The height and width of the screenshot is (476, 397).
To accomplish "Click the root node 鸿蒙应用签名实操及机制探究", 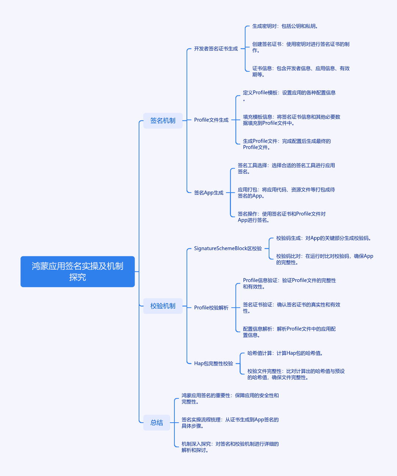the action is point(78,271).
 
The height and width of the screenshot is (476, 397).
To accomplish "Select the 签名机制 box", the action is point(163,120).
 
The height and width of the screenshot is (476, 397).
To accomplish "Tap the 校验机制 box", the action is point(163,306).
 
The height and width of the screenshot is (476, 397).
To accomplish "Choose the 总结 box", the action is point(157,423).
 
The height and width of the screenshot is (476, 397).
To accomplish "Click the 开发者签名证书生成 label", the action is point(216,48).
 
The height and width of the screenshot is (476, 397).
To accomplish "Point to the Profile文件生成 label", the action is point(211,120).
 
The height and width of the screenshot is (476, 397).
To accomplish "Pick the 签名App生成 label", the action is point(208,192).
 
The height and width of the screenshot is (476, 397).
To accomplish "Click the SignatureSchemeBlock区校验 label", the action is point(228,249).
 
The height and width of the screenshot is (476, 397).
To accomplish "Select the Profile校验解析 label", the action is point(211,307).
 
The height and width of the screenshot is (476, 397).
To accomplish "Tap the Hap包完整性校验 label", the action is point(213,363).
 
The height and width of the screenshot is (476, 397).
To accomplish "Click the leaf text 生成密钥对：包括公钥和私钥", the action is point(285,26).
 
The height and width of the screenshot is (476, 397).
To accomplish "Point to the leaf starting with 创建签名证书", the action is point(301,47).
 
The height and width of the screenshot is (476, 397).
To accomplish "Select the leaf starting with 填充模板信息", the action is point(292,120).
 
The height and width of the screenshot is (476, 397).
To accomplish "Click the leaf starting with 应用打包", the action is point(286,192).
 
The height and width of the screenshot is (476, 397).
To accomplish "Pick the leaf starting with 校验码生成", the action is point(324,238).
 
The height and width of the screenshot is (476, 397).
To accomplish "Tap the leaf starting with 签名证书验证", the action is point(292,308).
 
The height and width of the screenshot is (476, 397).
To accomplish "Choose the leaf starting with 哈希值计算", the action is point(285,353).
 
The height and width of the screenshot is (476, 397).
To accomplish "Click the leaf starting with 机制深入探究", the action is point(230,447).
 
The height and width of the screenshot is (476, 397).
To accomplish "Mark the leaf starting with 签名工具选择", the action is point(286,169).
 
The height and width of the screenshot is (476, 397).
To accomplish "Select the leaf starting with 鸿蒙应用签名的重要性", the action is point(230,399).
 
